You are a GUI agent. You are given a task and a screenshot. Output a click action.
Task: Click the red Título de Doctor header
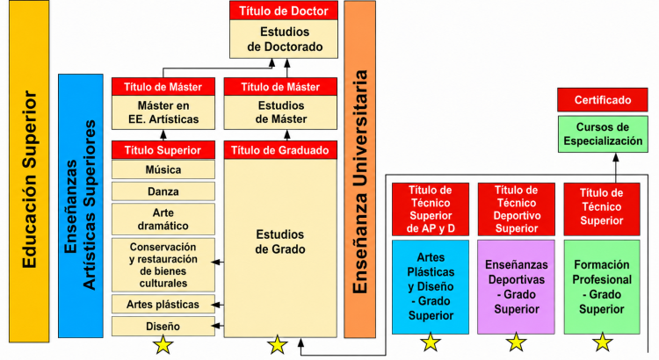[284, 11]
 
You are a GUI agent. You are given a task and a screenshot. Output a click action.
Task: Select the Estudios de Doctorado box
[284, 39]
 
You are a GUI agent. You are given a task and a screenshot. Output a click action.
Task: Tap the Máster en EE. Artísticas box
[163, 112]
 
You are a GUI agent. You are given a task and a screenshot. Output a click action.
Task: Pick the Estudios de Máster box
[280, 112]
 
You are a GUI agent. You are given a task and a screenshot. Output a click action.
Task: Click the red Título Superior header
[163, 150]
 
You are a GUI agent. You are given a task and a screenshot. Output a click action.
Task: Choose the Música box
[163, 169]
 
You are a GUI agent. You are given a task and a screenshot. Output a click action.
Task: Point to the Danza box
[163, 191]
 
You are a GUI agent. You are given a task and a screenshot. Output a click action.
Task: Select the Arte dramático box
[163, 220]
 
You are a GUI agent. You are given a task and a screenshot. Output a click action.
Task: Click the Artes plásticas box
[163, 305]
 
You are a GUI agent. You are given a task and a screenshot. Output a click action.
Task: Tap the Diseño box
[163, 327]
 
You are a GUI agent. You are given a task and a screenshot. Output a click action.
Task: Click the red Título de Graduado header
[280, 150]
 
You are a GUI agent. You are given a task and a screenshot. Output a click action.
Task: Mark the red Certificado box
[602, 100]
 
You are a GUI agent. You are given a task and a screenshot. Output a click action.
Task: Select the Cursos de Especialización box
[602, 134]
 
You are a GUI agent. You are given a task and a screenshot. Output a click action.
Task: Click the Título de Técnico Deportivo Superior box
[516, 209]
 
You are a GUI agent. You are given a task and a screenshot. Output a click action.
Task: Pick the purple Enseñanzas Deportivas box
[516, 287]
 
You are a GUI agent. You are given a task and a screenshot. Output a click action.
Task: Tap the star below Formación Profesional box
[602, 342]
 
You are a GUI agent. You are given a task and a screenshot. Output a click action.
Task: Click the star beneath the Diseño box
[163, 344]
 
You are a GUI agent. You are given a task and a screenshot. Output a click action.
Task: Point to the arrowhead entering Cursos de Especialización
[616, 157]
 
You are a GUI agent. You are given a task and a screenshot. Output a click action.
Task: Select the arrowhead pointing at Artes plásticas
[217, 305]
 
